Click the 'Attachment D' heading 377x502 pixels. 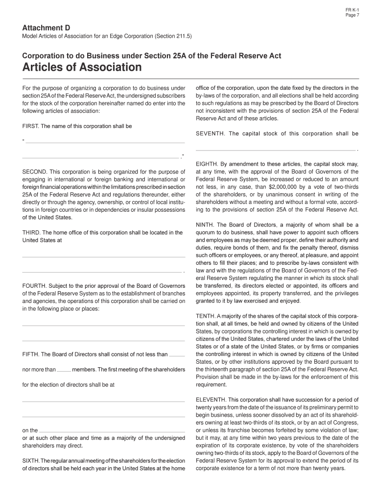pyautogui.click(x=43, y=28)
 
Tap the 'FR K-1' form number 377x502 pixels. pyautogui.click(x=352, y=10)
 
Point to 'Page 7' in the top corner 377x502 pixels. pyautogui.click(x=352, y=16)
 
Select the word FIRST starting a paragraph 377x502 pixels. pyautogui.click(x=30, y=126)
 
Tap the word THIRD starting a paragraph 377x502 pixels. pyautogui.click(x=31, y=232)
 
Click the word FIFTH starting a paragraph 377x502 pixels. pyautogui.click(x=30, y=354)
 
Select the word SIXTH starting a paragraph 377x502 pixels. pyautogui.click(x=31, y=461)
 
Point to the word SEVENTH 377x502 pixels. pyautogui.click(x=211, y=134)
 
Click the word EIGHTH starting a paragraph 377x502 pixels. pyautogui.click(x=207, y=164)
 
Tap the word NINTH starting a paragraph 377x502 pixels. pyautogui.click(x=205, y=225)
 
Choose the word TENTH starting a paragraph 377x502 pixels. pyautogui.click(x=205, y=316)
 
